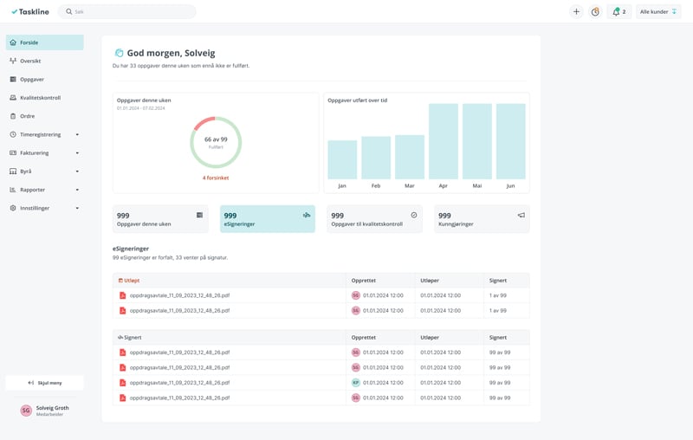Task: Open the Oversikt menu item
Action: tap(30, 61)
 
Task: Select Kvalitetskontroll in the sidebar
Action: tap(40, 98)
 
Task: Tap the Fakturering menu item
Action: tap(35, 153)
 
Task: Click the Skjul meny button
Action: tap(44, 383)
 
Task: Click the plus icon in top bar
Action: tap(576, 12)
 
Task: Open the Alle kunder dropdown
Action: tap(658, 12)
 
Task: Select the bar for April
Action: tap(443, 141)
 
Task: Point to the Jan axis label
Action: tap(341, 186)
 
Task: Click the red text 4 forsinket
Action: tap(216, 178)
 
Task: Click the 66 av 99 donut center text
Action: tap(216, 139)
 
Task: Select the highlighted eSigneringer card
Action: tap(267, 219)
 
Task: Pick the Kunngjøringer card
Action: tap(481, 219)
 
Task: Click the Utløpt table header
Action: tap(132, 281)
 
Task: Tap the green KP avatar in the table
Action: tap(355, 383)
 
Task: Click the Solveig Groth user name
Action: tap(52, 408)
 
